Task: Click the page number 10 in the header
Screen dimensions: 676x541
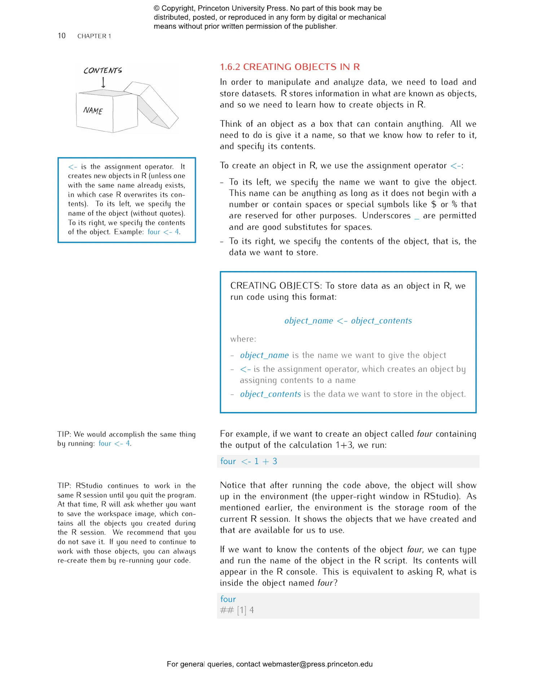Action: pos(61,36)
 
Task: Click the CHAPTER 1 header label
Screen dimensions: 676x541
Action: pos(94,36)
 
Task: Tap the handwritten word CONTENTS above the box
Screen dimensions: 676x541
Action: pos(102,70)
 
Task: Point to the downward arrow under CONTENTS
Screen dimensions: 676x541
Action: pos(103,83)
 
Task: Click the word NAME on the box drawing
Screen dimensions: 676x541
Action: pos(93,110)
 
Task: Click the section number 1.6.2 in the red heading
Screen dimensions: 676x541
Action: pos(230,67)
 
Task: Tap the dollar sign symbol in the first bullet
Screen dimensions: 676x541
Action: pos(434,204)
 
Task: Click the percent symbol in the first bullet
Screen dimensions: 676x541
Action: pos(454,204)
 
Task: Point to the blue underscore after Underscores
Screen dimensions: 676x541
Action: pos(417,218)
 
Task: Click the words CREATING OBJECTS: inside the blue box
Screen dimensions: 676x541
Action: pos(276,286)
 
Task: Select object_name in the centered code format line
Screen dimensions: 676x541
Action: pos(309,321)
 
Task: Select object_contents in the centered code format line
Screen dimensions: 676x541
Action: pos(381,321)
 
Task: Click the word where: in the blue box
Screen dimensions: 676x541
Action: pos(243,339)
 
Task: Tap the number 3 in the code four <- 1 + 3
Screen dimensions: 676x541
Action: pos(275,461)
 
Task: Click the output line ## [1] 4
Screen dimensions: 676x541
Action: pos(237,610)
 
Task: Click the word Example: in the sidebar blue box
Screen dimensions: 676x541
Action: pos(129,232)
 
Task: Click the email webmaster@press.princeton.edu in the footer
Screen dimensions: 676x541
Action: pos(317,664)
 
